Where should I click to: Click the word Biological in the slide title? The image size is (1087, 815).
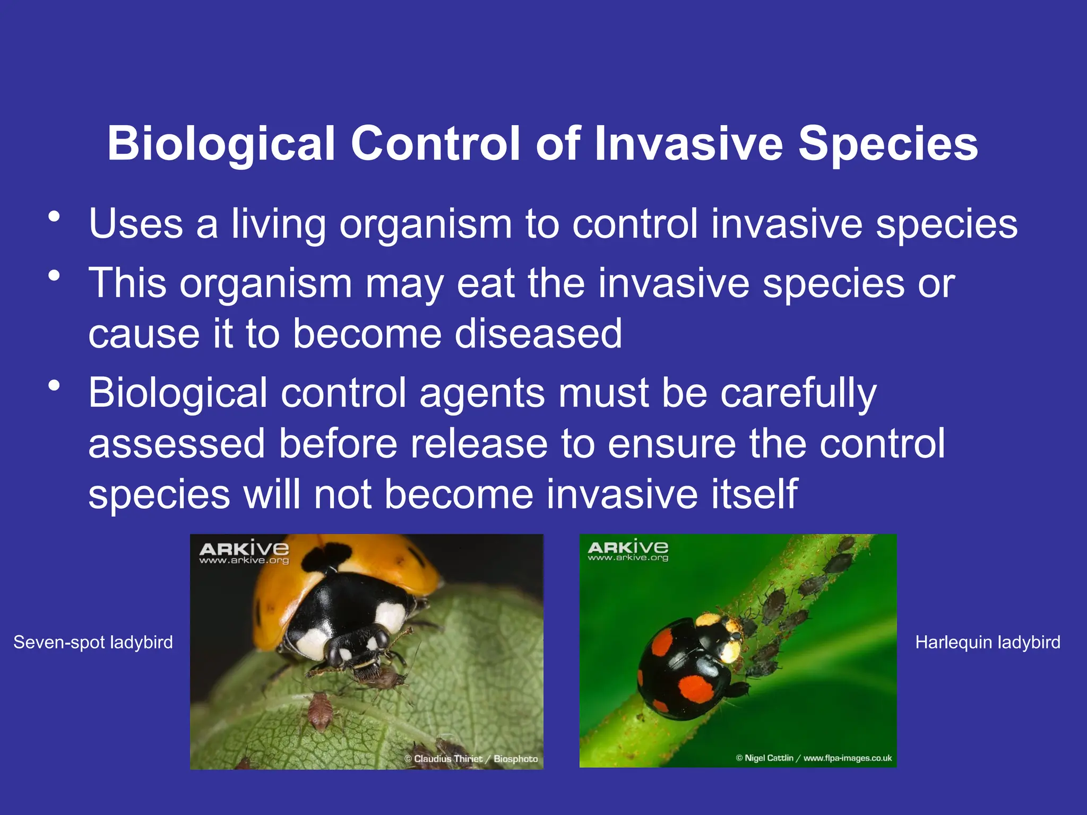221,144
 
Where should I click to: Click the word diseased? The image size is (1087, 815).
538,334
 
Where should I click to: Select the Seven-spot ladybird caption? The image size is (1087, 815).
93,643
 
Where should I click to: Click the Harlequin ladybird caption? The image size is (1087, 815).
988,643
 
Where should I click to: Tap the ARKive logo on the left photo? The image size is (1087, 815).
244,552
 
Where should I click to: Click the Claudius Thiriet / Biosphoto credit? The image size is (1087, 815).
471,759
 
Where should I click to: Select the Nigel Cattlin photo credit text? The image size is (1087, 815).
814,758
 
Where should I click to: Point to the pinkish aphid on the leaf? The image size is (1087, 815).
320,710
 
